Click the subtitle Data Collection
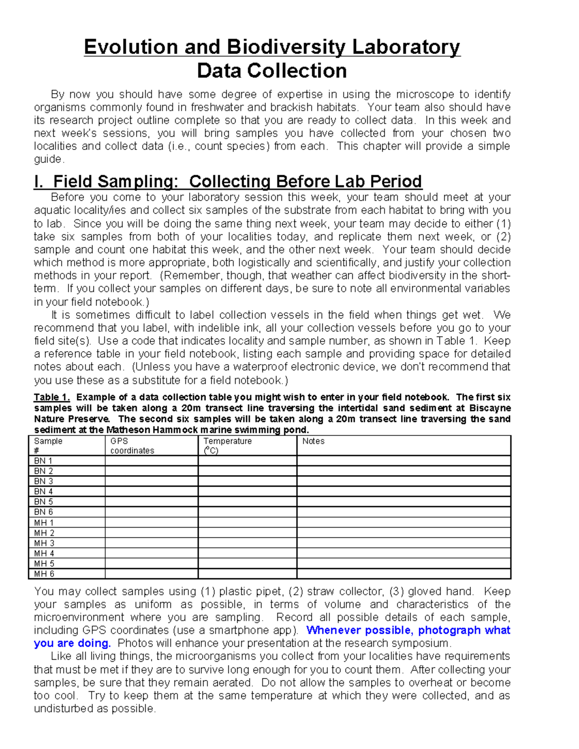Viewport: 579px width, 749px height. point(272,71)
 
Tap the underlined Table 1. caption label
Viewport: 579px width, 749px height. point(52,397)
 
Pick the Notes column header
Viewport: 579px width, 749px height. point(313,441)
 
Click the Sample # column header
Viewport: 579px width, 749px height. point(48,446)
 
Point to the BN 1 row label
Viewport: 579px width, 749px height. point(43,461)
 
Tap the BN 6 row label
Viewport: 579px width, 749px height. point(43,512)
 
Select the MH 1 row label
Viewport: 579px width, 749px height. point(43,523)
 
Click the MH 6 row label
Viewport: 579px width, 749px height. point(43,574)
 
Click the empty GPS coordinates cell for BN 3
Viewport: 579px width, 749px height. point(151,481)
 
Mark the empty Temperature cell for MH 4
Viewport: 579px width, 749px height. point(247,554)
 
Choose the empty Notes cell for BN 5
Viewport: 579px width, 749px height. point(403,502)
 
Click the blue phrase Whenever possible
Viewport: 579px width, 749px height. point(359,630)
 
